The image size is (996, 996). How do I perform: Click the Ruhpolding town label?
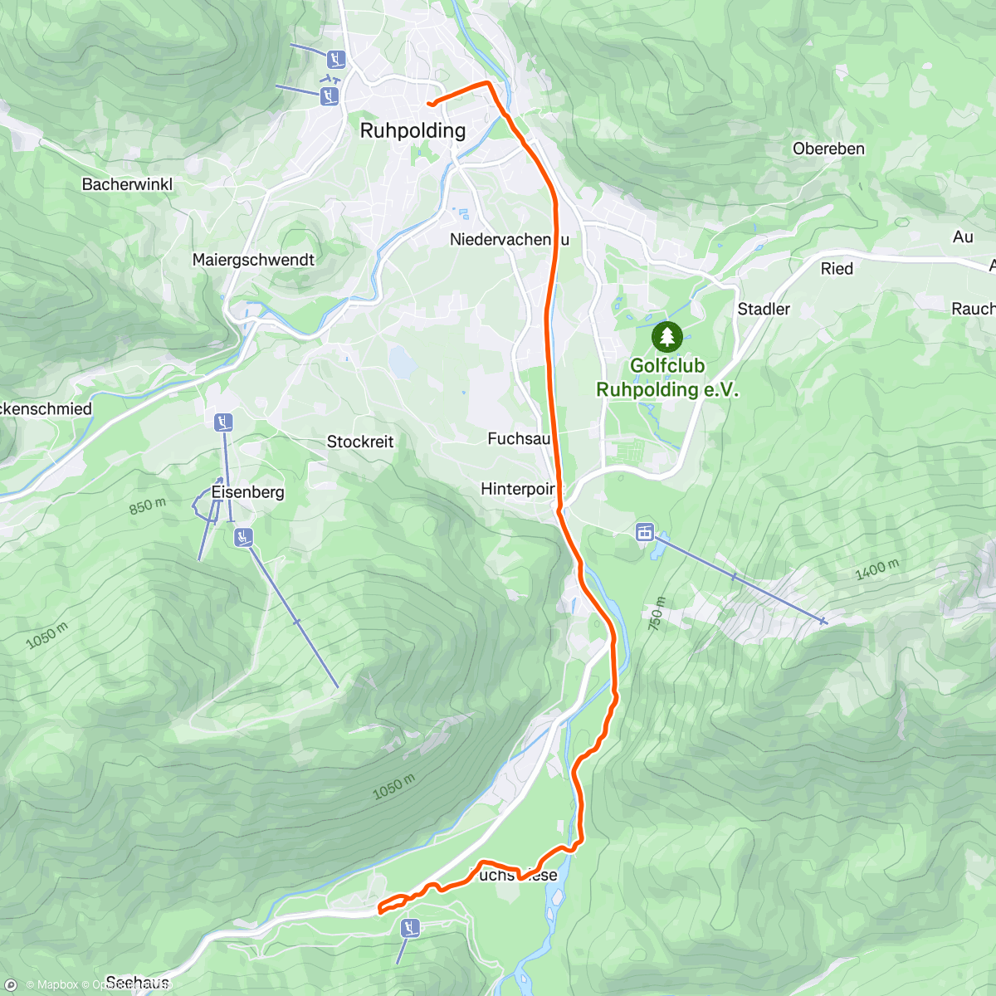[x=413, y=130]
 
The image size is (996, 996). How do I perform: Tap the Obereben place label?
[x=828, y=149]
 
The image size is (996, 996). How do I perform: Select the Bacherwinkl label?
[x=127, y=184]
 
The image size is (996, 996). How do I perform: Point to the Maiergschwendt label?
[x=253, y=260]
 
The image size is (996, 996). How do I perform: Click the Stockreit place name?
[x=360, y=442]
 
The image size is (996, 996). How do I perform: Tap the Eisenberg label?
[x=247, y=492]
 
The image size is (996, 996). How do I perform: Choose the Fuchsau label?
[x=519, y=438]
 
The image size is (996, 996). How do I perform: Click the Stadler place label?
[x=764, y=309]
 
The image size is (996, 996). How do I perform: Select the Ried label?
[x=837, y=268]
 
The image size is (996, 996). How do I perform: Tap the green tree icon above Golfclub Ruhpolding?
[x=667, y=337]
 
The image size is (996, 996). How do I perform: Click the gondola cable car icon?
[x=644, y=532]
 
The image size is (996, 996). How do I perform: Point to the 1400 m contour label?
[x=876, y=570]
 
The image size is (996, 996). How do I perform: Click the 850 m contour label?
[x=148, y=506]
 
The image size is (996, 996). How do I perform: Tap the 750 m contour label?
[x=657, y=613]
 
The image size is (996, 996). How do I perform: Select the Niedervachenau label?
[x=510, y=240]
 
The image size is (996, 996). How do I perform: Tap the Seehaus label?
[x=138, y=983]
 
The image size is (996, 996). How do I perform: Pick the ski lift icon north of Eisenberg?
[x=222, y=422]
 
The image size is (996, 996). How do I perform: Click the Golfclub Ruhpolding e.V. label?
[x=667, y=378]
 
